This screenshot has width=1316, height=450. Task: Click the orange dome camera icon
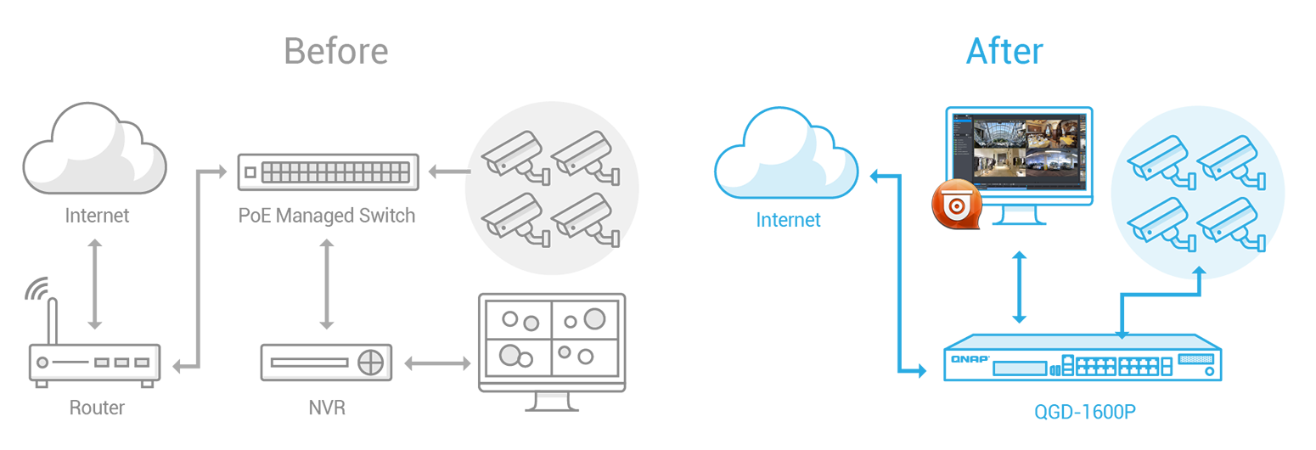[x=957, y=204]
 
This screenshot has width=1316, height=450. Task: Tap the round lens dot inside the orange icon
[x=957, y=206]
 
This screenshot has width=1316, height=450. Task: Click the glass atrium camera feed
[x=998, y=134]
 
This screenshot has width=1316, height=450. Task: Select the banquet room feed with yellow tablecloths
[x=1050, y=134]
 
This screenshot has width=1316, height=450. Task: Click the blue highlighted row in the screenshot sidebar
[x=963, y=125]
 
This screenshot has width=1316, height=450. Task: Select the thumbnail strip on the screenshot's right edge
[x=1082, y=149]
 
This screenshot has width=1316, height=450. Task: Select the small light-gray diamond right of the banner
[x=446, y=161]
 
